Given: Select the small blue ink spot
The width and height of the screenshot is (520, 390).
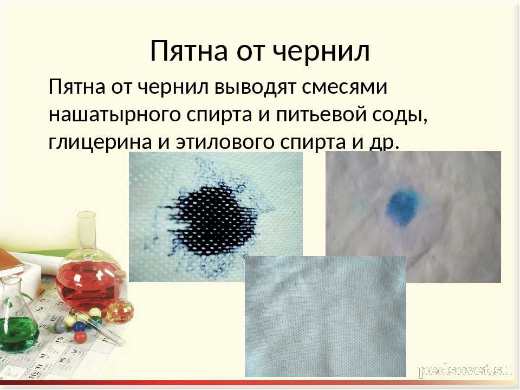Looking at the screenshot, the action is [402, 206].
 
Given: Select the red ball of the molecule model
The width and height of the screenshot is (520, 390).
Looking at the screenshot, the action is [80, 336].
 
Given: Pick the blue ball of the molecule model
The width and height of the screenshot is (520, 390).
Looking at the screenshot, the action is [79, 326].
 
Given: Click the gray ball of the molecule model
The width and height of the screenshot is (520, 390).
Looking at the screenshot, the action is [60, 326].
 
